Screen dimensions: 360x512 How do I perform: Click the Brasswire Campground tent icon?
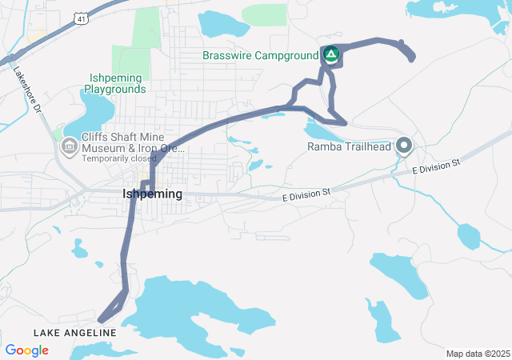click(331, 55)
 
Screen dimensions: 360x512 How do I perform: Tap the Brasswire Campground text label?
click(261, 55)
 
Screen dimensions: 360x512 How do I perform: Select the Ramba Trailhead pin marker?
click(404, 146)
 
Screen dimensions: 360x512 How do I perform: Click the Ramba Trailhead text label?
click(349, 146)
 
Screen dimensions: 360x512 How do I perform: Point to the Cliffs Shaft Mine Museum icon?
click(69, 146)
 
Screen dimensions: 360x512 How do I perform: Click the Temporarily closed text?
click(119, 158)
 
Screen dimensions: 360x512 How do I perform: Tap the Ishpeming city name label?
click(152, 194)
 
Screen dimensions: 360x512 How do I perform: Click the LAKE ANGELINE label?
click(75, 332)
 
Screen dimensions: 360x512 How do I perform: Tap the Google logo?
click(26, 350)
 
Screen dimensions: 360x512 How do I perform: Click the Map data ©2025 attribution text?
click(477, 354)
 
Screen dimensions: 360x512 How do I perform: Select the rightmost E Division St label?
click(437, 167)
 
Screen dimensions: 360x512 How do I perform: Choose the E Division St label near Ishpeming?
click(306, 193)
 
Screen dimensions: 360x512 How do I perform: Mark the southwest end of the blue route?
click(102, 322)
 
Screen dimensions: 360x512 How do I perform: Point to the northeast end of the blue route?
click(411, 58)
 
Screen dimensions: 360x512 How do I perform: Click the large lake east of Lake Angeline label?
click(192, 308)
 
